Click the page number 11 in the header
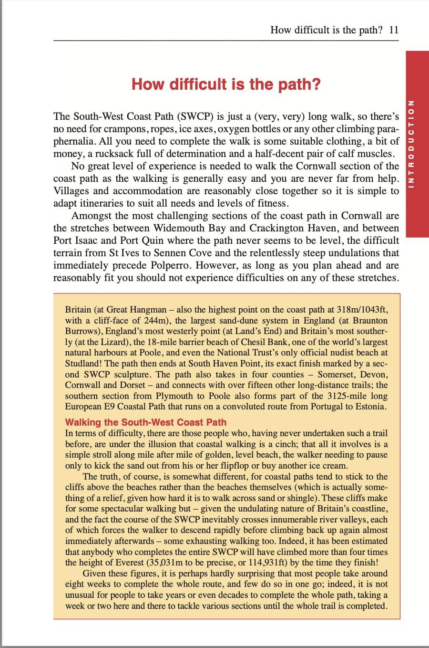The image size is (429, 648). (x=393, y=30)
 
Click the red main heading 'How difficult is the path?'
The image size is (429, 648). (x=226, y=84)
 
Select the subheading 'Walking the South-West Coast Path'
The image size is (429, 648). (x=145, y=422)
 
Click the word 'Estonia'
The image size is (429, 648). (x=368, y=407)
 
